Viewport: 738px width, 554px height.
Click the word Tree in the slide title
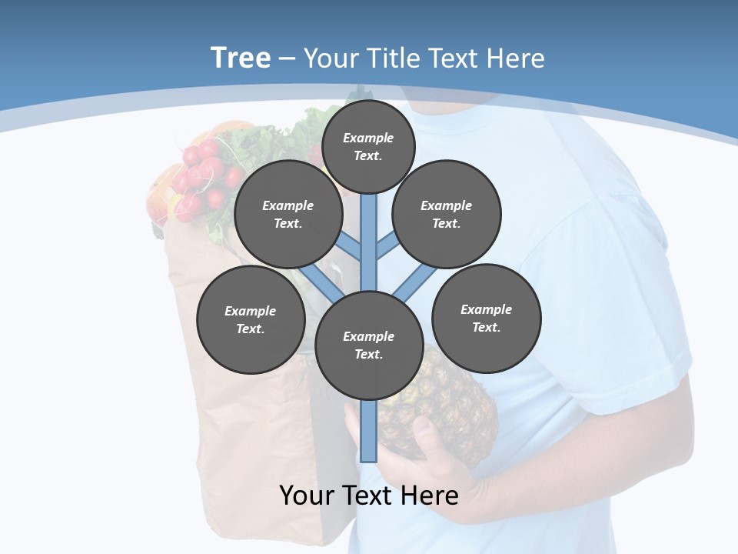(241, 58)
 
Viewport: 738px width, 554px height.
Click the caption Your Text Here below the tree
(368, 496)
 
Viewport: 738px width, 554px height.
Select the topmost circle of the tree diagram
(368, 146)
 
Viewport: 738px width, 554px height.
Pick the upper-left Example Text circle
(288, 215)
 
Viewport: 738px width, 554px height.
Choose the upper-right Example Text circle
(446, 215)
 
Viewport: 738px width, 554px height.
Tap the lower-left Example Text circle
(250, 320)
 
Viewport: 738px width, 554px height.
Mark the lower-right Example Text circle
(486, 319)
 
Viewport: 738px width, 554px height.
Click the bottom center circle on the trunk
(368, 345)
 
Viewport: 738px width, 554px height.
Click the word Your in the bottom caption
(307, 496)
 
